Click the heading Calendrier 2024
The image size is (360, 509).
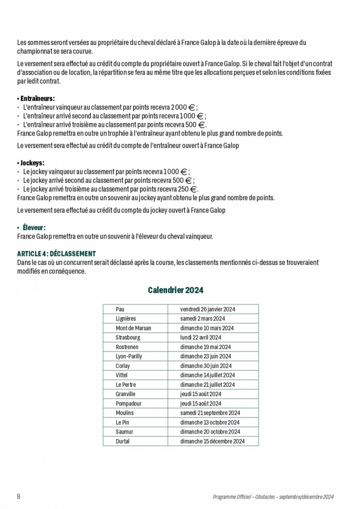tap(176, 290)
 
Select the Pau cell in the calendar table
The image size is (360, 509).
tap(120, 309)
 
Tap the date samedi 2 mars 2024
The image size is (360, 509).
tap(202, 319)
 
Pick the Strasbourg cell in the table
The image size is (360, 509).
tap(128, 338)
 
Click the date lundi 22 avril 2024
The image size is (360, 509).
tap(201, 338)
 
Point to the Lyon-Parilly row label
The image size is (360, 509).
tap(128, 356)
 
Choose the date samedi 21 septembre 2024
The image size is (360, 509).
tap(210, 413)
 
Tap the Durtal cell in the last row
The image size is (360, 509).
tap(123, 441)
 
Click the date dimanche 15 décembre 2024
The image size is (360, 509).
tap(212, 441)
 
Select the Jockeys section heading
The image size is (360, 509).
tap(32, 163)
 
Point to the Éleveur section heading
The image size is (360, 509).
tap(34, 227)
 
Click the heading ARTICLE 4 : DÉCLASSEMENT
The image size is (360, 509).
tap(56, 254)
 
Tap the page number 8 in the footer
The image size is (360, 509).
tap(19, 497)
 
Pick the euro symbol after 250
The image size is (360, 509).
tap(193, 189)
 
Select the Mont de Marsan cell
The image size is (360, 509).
tap(133, 328)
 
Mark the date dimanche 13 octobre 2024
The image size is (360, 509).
tap(209, 422)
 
